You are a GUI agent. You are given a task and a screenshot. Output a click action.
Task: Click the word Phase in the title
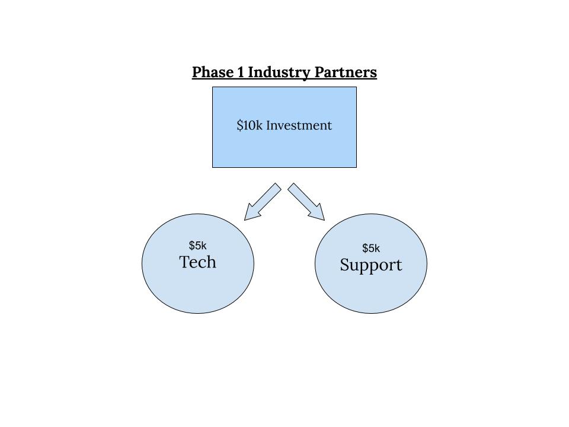(x=213, y=72)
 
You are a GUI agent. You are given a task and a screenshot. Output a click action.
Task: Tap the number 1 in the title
(x=241, y=72)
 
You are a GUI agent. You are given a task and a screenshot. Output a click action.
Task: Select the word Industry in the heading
(x=279, y=72)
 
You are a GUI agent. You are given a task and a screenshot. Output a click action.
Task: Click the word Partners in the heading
(x=346, y=72)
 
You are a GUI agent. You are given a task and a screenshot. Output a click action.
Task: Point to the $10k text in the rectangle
(x=250, y=125)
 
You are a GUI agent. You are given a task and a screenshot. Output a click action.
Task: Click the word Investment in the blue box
(x=299, y=125)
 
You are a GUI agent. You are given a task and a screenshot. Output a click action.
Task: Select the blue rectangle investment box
(x=284, y=127)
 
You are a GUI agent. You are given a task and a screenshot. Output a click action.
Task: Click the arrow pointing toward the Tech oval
(x=263, y=202)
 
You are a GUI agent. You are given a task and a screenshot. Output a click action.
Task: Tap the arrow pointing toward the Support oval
(x=306, y=202)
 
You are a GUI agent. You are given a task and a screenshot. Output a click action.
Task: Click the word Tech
(x=198, y=262)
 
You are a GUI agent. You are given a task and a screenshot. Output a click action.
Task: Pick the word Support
(x=371, y=265)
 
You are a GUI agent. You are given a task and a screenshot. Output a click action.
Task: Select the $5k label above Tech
(x=198, y=246)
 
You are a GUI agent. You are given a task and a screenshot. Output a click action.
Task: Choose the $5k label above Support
(x=371, y=248)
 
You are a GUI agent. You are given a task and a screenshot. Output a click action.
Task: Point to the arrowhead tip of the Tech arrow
(x=245, y=220)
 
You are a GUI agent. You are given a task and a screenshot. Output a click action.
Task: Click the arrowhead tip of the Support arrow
(x=324, y=220)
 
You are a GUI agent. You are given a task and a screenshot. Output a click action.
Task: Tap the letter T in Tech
(x=185, y=262)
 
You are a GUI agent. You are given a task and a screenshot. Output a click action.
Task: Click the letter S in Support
(x=345, y=264)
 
